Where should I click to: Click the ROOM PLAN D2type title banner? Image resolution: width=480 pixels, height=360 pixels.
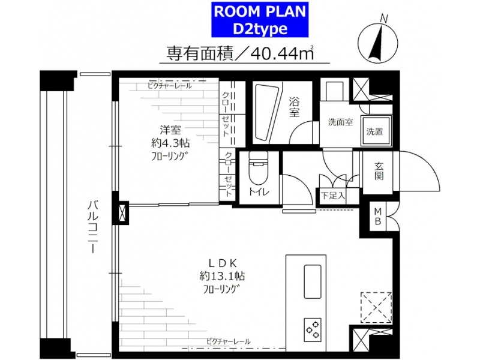260,20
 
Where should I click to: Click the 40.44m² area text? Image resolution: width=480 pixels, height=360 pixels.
282,53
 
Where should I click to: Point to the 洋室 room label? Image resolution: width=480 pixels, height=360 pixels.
170,130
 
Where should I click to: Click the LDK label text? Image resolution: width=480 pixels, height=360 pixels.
222,263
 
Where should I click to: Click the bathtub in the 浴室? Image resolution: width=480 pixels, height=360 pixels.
267,112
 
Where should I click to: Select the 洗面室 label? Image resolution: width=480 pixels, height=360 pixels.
340,122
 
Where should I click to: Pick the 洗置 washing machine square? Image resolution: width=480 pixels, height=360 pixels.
377,131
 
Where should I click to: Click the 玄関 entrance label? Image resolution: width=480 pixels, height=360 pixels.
379,171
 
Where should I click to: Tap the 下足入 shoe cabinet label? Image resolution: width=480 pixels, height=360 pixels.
333,196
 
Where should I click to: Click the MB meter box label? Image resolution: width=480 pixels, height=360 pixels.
378,216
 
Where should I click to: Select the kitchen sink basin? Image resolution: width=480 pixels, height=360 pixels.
312,281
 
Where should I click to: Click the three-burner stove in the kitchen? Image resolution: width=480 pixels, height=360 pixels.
313,329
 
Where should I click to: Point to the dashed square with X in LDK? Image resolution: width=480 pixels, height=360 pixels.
376,307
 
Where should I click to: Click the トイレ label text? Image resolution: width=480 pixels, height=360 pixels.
259,192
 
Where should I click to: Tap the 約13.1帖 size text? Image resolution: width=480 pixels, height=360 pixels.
222,277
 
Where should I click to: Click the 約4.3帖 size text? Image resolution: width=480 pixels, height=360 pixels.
170,143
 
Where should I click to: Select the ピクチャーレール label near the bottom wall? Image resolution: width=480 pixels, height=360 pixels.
229,341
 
